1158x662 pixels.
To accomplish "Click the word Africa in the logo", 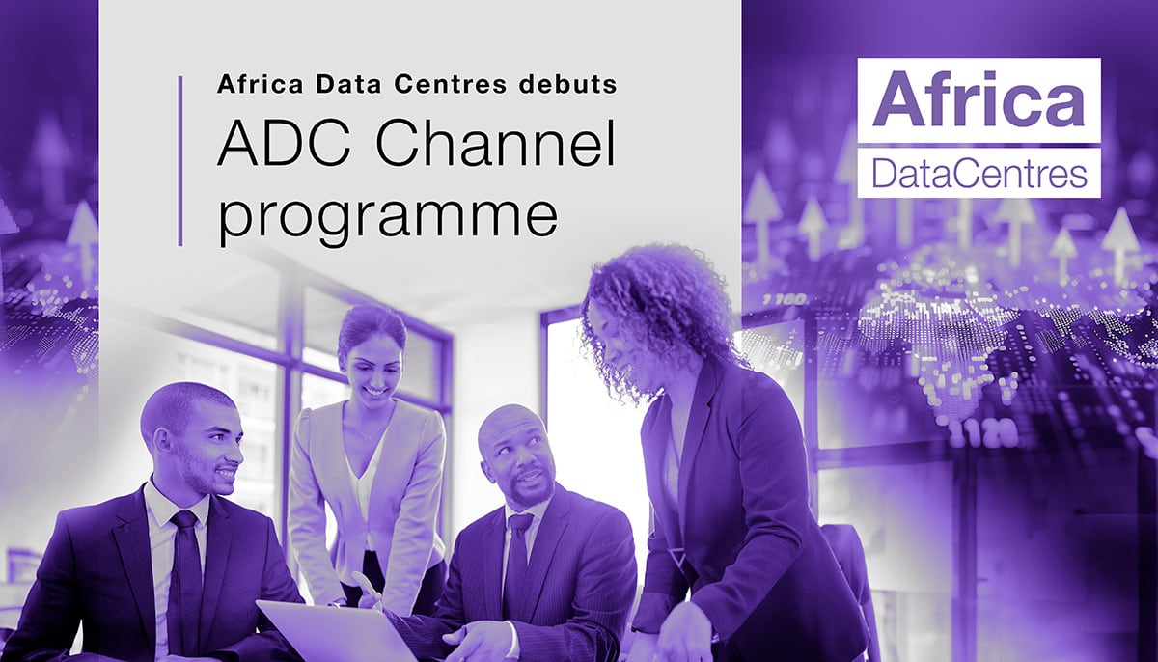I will coord(979,97).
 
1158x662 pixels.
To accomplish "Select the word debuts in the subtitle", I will coord(568,85).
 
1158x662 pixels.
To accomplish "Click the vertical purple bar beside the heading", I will coord(180,160).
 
